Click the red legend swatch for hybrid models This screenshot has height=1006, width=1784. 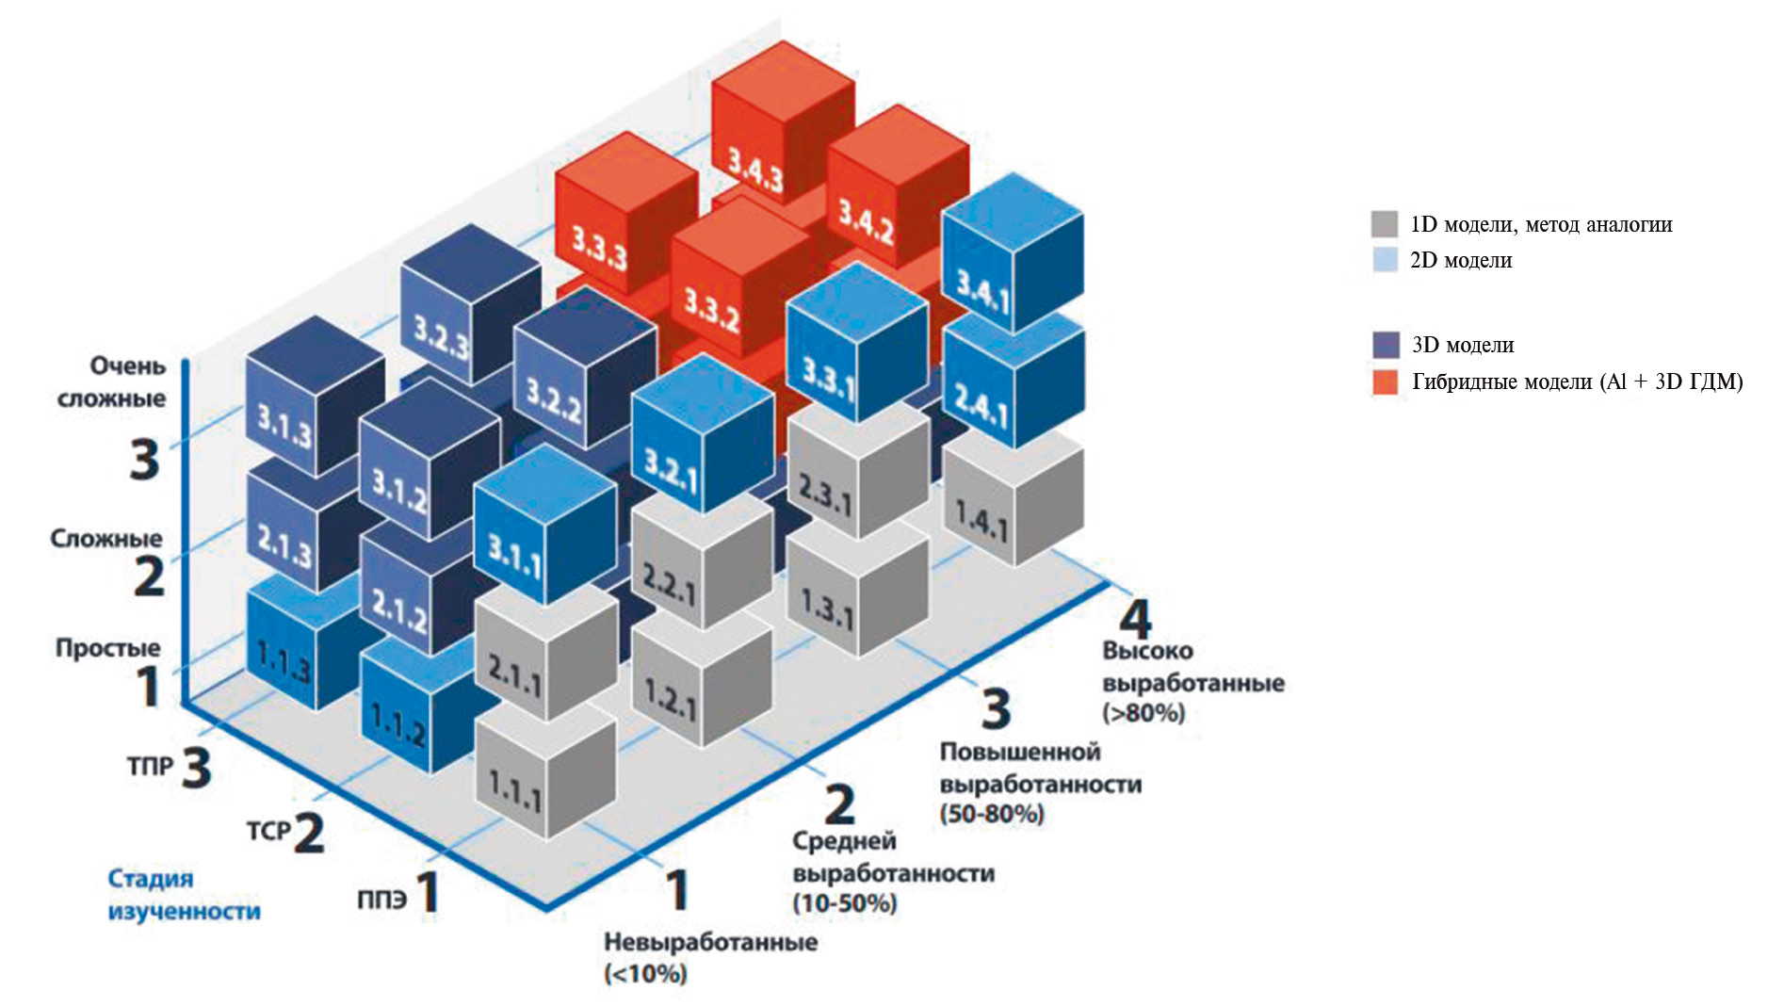[x=1385, y=382]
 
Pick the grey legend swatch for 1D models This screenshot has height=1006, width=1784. [x=1384, y=224]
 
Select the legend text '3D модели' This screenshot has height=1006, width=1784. [x=1462, y=346]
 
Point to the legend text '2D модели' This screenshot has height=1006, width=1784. [x=1460, y=261]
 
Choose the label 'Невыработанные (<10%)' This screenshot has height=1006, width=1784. [x=710, y=957]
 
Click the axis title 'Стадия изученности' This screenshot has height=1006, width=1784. [x=184, y=895]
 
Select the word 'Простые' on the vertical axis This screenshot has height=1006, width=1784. [x=107, y=648]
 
